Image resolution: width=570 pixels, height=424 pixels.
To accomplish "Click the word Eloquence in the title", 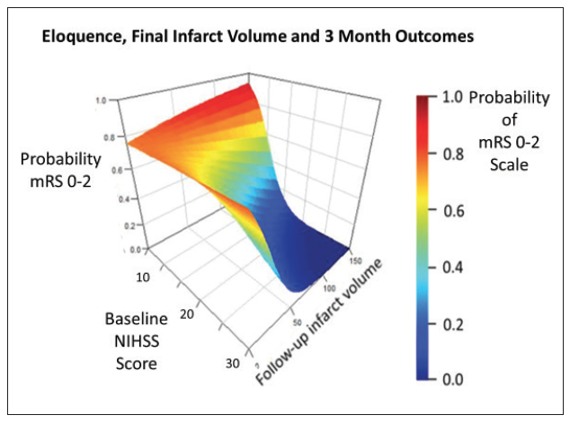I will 75,38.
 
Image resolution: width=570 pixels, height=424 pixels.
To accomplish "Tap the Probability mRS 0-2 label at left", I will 62,168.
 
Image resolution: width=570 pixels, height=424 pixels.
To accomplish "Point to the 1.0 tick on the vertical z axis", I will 102,101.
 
